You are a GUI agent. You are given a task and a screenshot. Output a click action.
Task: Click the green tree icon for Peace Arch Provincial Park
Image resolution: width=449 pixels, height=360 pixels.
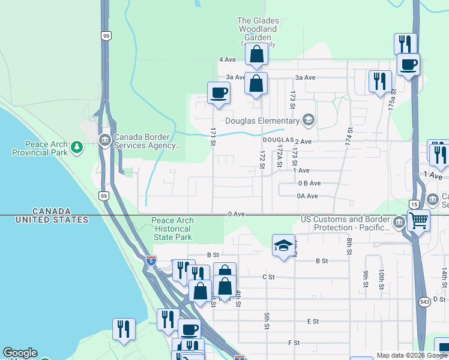[76, 146]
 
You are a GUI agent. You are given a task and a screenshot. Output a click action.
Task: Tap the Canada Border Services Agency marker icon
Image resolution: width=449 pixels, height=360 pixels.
[104, 140]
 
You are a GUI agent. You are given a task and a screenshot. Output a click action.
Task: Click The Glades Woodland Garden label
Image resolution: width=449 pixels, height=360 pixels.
[258, 29]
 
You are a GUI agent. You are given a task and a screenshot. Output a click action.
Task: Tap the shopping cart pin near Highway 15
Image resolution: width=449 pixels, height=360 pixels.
[418, 220]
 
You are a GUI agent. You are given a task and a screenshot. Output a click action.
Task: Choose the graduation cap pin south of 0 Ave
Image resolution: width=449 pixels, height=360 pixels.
[283, 245]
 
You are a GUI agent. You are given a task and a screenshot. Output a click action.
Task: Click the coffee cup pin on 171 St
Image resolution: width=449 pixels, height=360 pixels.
[218, 93]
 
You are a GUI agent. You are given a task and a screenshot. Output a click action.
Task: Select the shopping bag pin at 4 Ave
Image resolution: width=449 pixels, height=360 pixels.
[256, 54]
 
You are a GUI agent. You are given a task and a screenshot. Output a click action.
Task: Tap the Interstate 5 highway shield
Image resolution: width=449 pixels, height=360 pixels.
[151, 260]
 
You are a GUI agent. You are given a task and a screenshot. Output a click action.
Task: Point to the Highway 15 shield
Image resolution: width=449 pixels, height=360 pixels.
[413, 205]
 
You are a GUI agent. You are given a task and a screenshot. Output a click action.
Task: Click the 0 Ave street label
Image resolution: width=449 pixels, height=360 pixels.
[236, 214]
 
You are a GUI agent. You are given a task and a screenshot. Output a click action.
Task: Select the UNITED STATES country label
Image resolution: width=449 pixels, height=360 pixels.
[52, 220]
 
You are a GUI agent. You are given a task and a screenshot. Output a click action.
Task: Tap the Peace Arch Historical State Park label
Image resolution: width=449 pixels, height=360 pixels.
[172, 229]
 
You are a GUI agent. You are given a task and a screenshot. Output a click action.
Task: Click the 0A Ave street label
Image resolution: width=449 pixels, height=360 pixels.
[307, 196]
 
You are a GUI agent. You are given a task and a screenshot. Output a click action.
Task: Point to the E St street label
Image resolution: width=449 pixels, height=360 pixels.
[313, 322]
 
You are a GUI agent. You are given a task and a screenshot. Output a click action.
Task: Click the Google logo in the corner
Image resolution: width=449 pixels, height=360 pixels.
[20, 353]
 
